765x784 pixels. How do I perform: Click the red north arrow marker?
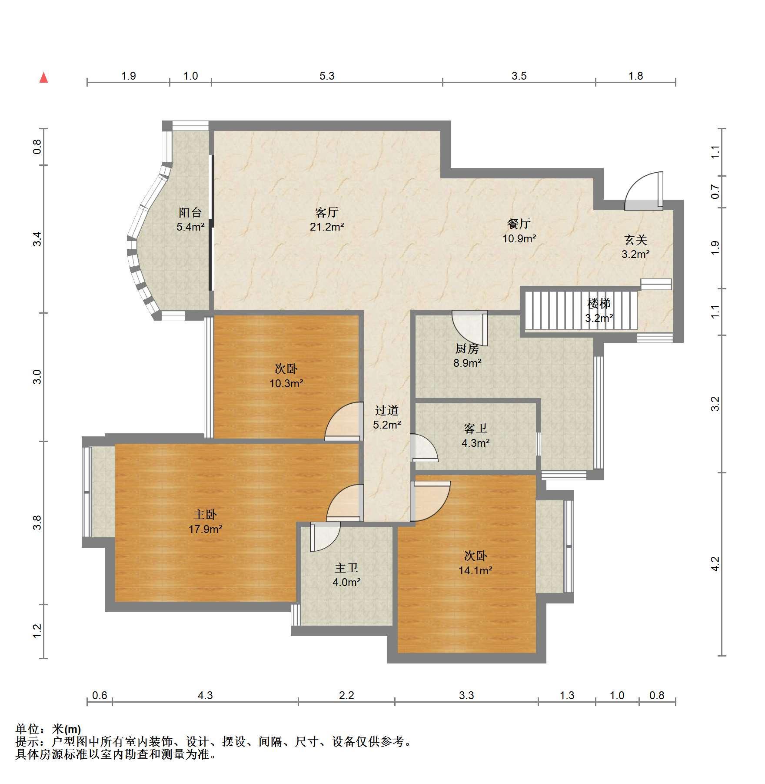(43, 77)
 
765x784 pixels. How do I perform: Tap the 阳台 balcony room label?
(190, 212)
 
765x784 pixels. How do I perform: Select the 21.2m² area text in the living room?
(327, 227)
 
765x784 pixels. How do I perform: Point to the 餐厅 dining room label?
(519, 224)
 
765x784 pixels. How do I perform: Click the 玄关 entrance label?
(636, 240)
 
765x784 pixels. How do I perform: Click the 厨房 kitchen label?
(467, 348)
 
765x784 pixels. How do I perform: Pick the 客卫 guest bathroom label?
(476, 429)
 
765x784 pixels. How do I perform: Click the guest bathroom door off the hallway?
(424, 448)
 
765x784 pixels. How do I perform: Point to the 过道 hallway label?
(387, 410)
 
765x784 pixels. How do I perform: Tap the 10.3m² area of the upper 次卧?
(286, 383)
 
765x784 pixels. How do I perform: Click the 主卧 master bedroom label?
(205, 515)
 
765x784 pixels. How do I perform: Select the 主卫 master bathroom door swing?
(325, 537)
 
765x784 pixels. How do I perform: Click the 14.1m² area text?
(476, 570)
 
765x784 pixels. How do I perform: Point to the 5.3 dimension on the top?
(327, 76)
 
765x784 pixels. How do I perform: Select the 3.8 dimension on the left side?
(37, 523)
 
